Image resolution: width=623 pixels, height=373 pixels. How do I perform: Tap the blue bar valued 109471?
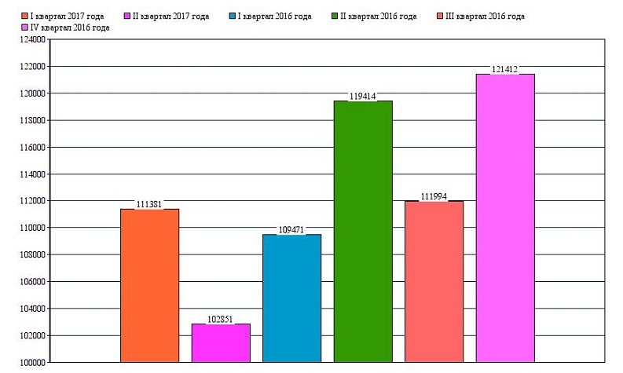point(291,298)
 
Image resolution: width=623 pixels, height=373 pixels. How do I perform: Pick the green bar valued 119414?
point(363,231)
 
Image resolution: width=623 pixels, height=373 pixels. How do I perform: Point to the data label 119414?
point(363,97)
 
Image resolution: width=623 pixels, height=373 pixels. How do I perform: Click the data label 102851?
point(221,320)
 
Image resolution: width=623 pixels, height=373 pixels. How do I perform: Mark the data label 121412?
point(505,70)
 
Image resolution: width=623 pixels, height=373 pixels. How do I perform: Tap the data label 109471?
point(291,230)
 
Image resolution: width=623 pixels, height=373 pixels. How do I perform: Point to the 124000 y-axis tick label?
point(31,40)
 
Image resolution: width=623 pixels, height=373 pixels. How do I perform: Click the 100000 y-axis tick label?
point(31,363)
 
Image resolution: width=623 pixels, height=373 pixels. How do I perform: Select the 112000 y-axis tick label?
point(31,201)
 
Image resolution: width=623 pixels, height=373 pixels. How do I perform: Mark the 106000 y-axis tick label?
point(31,282)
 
